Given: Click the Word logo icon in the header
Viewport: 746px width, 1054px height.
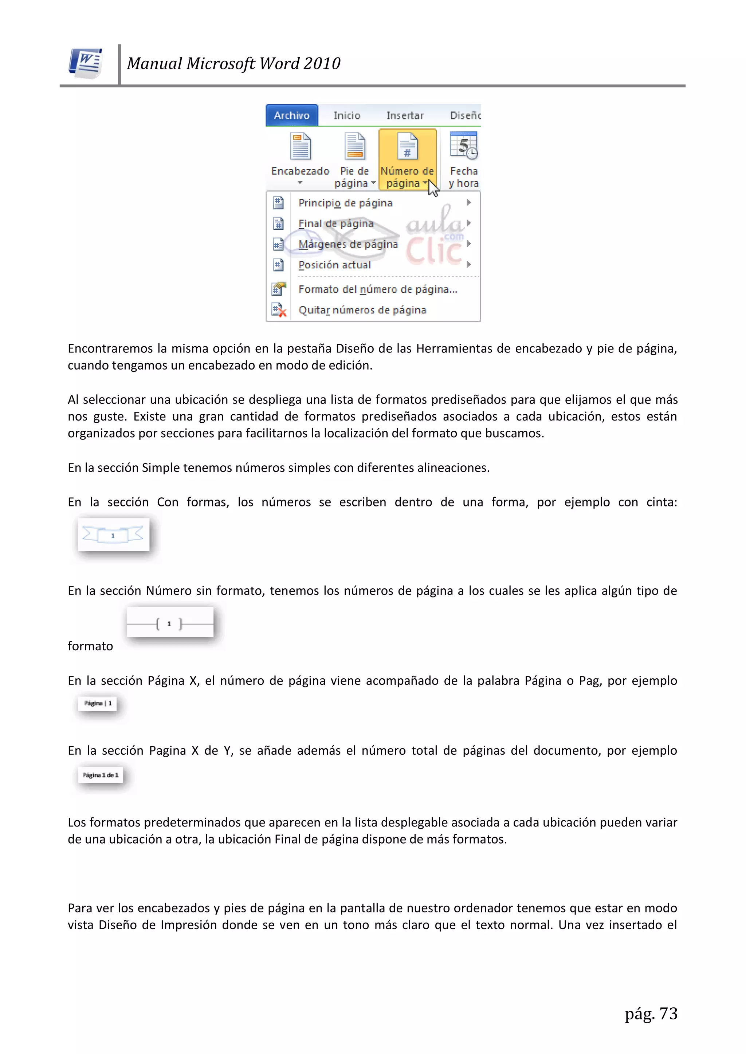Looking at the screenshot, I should pyautogui.click(x=86, y=63).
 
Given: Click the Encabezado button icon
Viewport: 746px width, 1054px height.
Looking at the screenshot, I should pyautogui.click(x=301, y=146).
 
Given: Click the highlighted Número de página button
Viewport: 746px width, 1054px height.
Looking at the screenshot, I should pyautogui.click(x=407, y=159).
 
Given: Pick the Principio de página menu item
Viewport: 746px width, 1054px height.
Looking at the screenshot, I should pyautogui.click(x=345, y=203).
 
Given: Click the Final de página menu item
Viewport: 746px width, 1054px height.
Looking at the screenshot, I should pyautogui.click(x=336, y=224).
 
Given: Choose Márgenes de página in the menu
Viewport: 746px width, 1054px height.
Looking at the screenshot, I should pyautogui.click(x=348, y=244).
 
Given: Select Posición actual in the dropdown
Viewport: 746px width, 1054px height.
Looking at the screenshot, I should pyautogui.click(x=334, y=265).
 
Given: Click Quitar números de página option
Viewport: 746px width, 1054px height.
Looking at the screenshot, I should pyautogui.click(x=362, y=310).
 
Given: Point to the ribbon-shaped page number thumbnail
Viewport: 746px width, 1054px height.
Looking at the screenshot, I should pyautogui.click(x=113, y=534).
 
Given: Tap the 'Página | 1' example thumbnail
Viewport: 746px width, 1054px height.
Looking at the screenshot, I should pyautogui.click(x=97, y=703).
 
